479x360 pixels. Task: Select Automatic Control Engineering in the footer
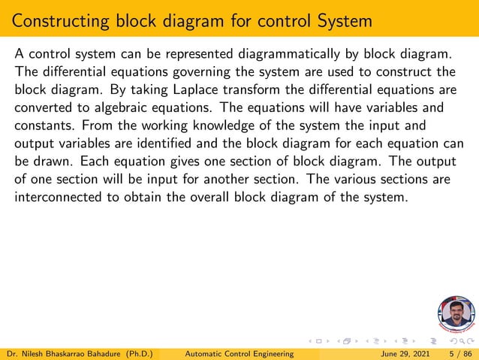[239, 353]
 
